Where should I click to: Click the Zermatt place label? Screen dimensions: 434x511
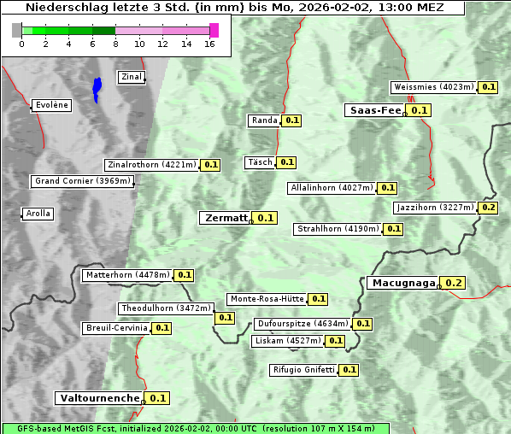click(226, 218)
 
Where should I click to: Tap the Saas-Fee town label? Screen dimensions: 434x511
click(374, 110)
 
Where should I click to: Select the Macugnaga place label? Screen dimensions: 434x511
click(402, 283)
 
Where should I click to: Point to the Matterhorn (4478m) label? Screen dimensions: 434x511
click(126, 275)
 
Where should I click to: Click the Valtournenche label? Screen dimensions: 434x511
click(98, 398)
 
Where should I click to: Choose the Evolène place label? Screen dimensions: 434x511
click(51, 105)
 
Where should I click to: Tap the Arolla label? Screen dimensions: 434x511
click(38, 214)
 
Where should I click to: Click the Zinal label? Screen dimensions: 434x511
click(132, 77)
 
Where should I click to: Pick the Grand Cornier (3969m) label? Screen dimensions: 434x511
click(83, 181)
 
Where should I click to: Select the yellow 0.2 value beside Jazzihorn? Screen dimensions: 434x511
click(489, 208)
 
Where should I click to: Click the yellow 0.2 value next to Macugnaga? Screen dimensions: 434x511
click(453, 283)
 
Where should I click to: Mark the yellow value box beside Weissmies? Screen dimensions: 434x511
click(489, 87)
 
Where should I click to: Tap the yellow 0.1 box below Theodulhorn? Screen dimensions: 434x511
click(225, 318)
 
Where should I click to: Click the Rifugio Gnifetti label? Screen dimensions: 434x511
click(303, 370)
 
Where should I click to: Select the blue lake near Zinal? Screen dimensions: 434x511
click(97, 88)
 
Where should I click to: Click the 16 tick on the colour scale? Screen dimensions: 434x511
click(210, 44)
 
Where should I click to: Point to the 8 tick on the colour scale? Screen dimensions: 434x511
click(115, 44)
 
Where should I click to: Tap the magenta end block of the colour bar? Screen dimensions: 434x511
click(214, 30)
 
